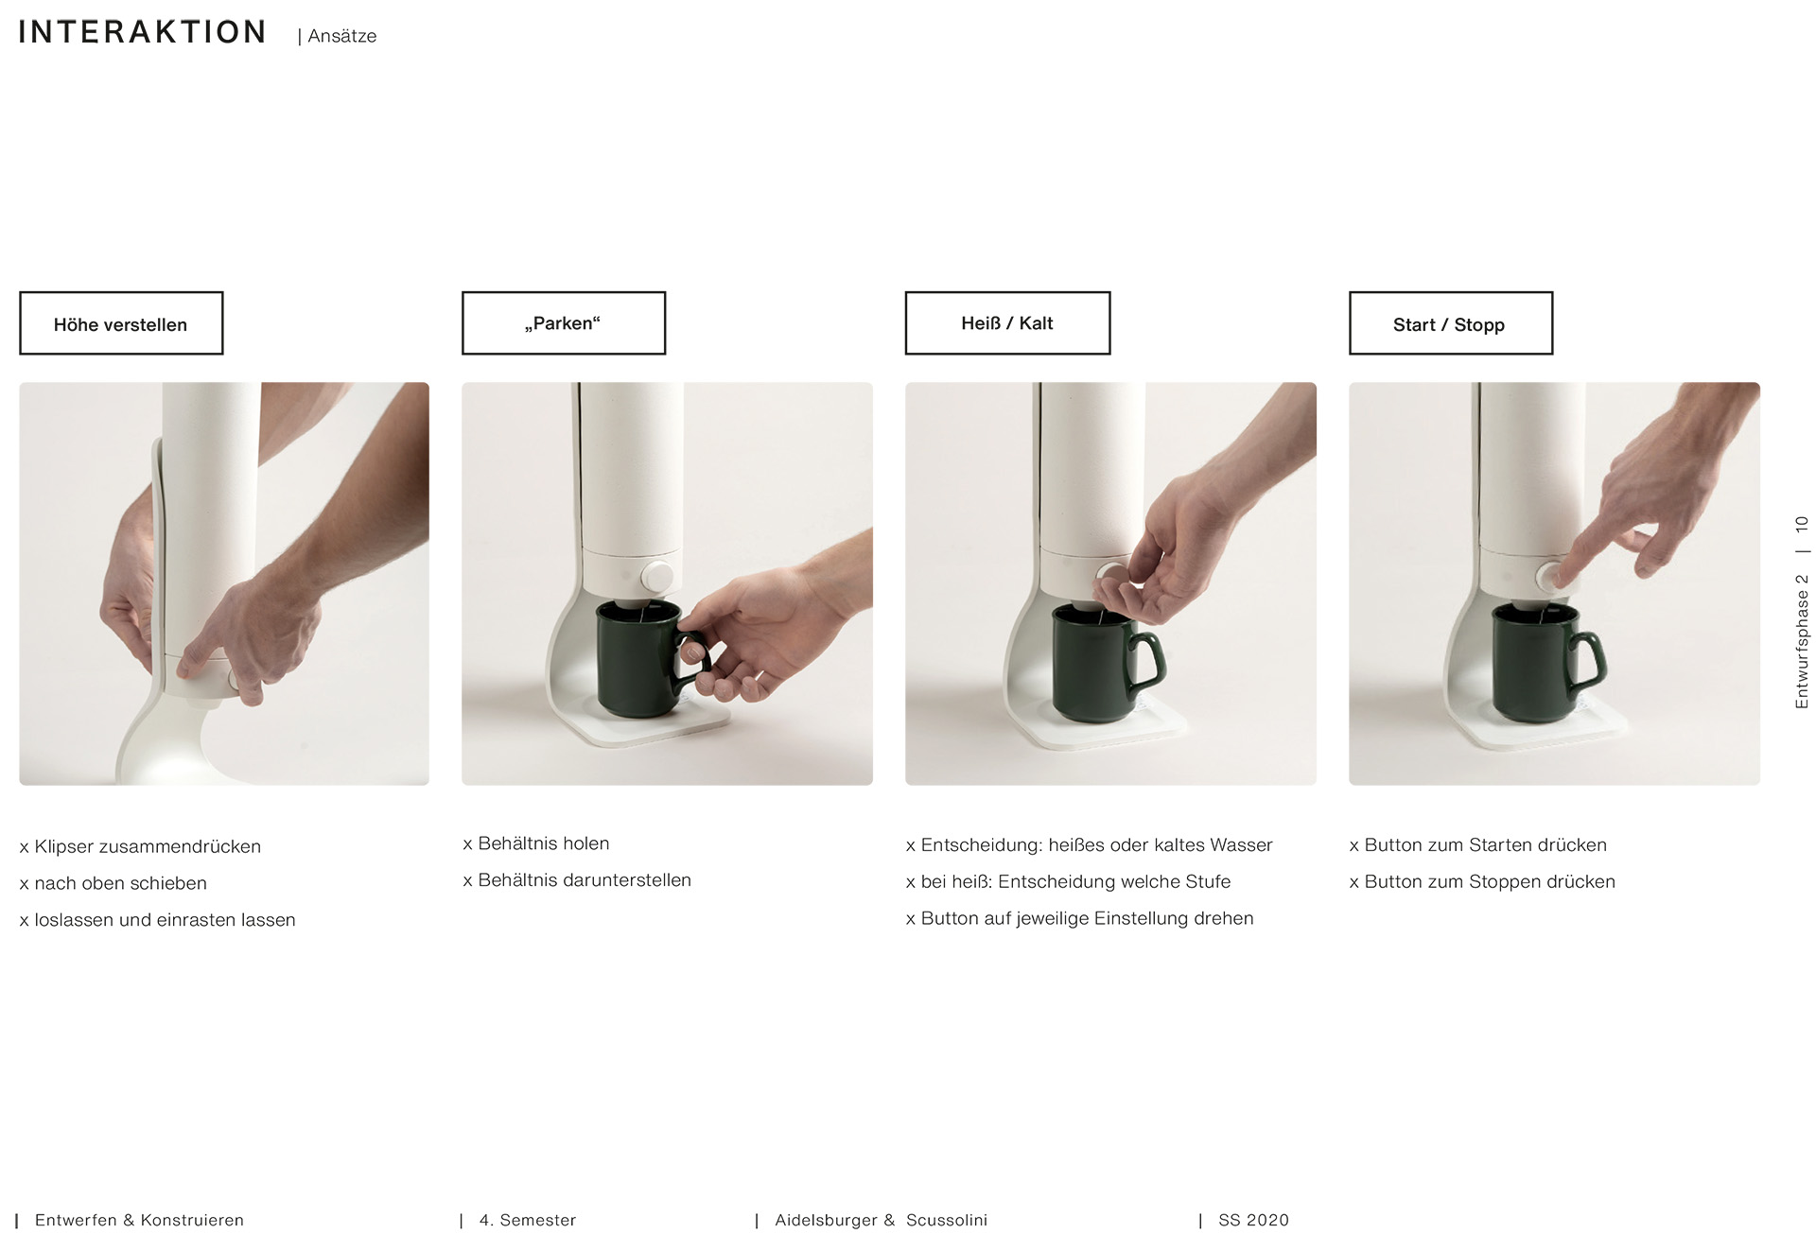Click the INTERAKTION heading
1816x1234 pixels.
(x=142, y=32)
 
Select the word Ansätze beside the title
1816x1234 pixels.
(x=342, y=36)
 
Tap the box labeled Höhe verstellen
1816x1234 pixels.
(x=121, y=323)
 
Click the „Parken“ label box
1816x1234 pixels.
(x=564, y=323)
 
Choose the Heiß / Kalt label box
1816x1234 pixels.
(x=1007, y=323)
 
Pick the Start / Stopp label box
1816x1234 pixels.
(x=1451, y=323)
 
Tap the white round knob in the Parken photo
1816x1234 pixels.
(x=656, y=576)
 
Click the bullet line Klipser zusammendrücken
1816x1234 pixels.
(x=140, y=846)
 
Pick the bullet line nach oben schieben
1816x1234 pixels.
(x=113, y=883)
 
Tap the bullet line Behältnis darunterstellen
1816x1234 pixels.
(x=577, y=880)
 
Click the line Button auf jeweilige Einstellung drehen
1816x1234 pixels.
(x=1080, y=918)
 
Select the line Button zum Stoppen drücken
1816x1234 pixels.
(x=1482, y=881)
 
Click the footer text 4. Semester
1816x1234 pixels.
(x=528, y=1220)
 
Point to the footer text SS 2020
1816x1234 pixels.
(x=1254, y=1220)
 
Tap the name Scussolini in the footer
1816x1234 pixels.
(x=947, y=1220)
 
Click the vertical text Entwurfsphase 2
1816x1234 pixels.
(x=1802, y=641)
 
